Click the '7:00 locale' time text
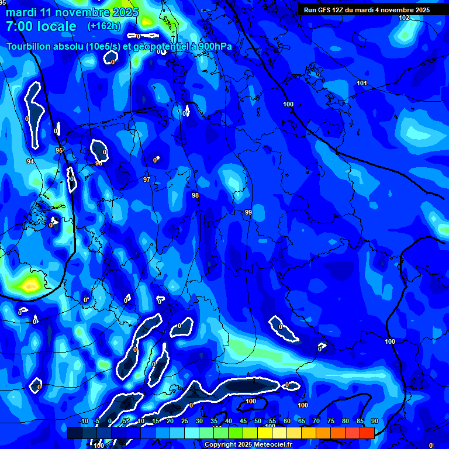click(x=41, y=26)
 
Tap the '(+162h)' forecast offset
click(x=104, y=26)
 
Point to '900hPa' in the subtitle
click(x=215, y=47)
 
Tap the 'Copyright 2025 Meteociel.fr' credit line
click(x=248, y=445)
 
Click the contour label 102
click(x=404, y=18)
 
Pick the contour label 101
click(x=362, y=83)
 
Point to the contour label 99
click(x=248, y=212)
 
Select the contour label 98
click(x=195, y=195)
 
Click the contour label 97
click(x=147, y=179)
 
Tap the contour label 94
click(x=30, y=161)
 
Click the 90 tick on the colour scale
click(x=375, y=422)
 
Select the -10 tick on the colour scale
click(x=84, y=422)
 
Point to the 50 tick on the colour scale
click(x=258, y=422)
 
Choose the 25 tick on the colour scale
click(x=185, y=422)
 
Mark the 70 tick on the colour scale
click(x=316, y=422)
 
